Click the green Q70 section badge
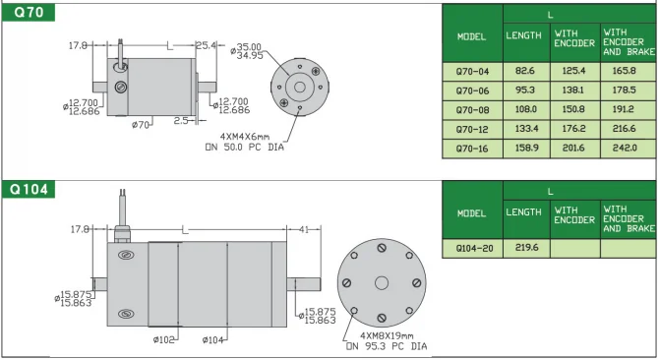point(29,12)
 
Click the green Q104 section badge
point(29,189)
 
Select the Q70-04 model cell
point(472,72)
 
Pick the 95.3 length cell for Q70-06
point(526,90)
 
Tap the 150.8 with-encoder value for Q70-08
point(573,109)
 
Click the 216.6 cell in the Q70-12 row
point(624,129)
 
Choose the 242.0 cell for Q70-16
point(625,149)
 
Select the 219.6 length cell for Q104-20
point(526,248)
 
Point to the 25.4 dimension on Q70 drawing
point(206,45)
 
